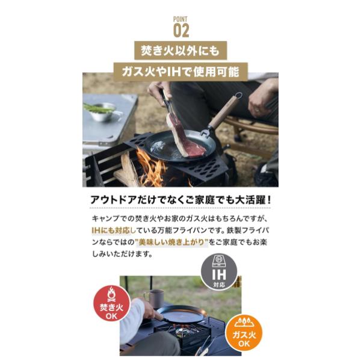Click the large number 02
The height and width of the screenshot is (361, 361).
pyautogui.click(x=181, y=31)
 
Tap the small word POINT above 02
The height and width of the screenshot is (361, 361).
pyautogui.click(x=180, y=19)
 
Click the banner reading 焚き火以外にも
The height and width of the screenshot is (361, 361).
pyautogui.click(x=180, y=51)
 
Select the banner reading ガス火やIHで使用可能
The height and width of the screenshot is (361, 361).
pyautogui.click(x=180, y=72)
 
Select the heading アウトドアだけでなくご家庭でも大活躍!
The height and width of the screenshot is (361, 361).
pyautogui.click(x=180, y=200)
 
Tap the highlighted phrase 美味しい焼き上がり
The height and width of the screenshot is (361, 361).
pyautogui.click(x=172, y=242)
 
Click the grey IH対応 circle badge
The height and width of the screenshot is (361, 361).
pyautogui.click(x=219, y=272)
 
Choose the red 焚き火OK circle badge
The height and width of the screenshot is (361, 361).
pyautogui.click(x=111, y=303)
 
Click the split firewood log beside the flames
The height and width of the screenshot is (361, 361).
pyautogui.click(x=126, y=170)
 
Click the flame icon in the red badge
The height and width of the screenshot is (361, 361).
pyautogui.click(x=111, y=294)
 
